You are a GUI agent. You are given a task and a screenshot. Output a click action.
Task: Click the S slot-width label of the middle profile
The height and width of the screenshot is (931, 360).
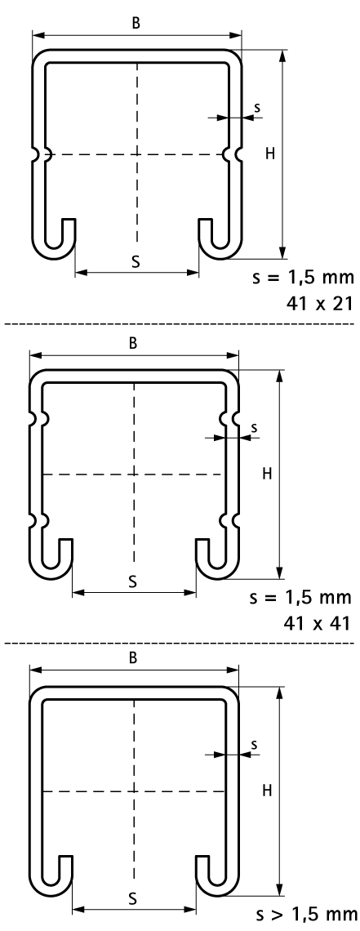(133, 580)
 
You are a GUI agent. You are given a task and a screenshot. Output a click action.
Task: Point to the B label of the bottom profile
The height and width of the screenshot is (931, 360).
(133, 656)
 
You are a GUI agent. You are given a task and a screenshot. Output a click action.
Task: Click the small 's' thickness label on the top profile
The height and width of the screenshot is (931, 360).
(257, 107)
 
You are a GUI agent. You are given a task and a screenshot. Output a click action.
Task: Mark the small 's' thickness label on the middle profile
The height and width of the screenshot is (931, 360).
(254, 426)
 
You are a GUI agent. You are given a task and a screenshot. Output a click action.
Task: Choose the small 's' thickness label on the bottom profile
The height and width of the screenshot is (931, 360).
(254, 743)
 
